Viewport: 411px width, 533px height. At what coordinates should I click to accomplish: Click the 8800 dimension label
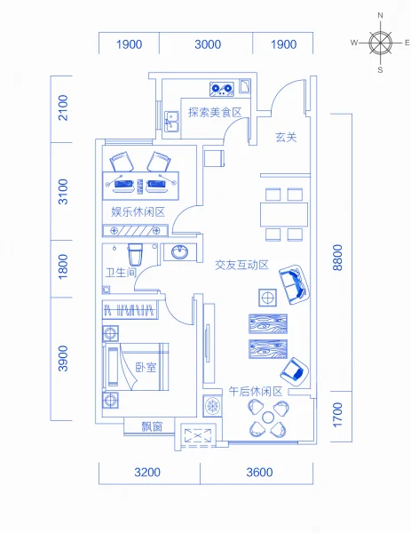337,258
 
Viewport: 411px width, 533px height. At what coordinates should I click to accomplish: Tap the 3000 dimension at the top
208,44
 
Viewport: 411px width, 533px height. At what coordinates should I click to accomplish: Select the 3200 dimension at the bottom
147,473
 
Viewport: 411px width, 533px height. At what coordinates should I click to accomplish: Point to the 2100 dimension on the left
63,107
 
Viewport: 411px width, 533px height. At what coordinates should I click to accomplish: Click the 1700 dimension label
337,415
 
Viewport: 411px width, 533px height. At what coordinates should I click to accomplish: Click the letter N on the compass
381,15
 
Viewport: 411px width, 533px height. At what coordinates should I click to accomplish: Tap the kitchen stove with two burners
222,89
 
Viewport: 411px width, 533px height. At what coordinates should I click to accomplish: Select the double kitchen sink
172,122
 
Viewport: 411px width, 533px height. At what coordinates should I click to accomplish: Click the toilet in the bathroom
135,254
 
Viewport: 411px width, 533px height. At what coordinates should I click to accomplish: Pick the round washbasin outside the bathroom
179,252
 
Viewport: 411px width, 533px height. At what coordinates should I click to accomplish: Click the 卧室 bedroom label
146,368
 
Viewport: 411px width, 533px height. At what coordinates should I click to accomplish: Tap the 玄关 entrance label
286,137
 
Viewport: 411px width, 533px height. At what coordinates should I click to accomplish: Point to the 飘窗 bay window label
152,426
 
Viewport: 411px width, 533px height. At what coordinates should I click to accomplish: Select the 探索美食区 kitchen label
215,112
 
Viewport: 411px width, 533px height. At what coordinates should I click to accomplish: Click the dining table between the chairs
284,214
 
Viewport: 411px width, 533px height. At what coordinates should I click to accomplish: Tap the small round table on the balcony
268,418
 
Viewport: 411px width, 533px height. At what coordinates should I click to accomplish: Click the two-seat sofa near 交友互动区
294,284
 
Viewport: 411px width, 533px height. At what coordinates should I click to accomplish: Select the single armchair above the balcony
295,372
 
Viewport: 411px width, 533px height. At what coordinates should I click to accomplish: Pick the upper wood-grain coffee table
268,323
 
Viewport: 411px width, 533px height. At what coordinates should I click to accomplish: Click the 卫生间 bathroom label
122,273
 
